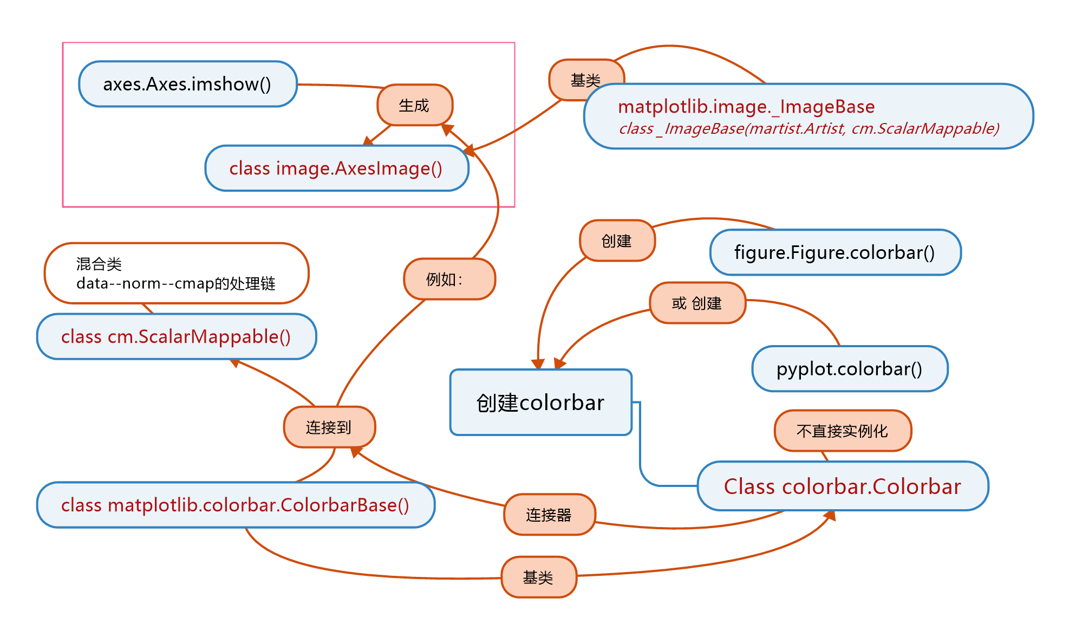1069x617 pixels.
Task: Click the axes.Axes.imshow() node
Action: coord(187,84)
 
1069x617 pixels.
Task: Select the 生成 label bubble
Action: coord(414,105)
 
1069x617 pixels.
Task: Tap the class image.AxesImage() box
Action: coord(336,168)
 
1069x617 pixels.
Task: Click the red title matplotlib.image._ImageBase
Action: coord(746,107)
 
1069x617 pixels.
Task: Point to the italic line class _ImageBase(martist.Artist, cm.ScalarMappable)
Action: coord(809,128)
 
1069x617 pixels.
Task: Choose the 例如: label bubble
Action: coord(449,279)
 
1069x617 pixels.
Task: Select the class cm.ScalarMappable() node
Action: coord(176,336)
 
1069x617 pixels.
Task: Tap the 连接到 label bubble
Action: coord(329,427)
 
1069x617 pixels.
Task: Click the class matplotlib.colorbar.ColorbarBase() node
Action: coord(235,505)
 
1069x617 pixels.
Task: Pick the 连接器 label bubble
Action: coord(549,515)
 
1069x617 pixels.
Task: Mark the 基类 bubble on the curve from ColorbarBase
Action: coord(538,577)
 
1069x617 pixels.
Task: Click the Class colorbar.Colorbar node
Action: coord(842,486)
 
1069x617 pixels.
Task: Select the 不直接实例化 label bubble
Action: coord(842,431)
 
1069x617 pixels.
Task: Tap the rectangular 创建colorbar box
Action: coord(540,402)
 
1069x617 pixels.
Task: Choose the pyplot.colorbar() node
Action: coord(849,369)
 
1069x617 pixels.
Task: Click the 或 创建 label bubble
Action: coord(697,303)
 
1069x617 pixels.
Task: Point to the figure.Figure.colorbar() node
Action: coord(835,252)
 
